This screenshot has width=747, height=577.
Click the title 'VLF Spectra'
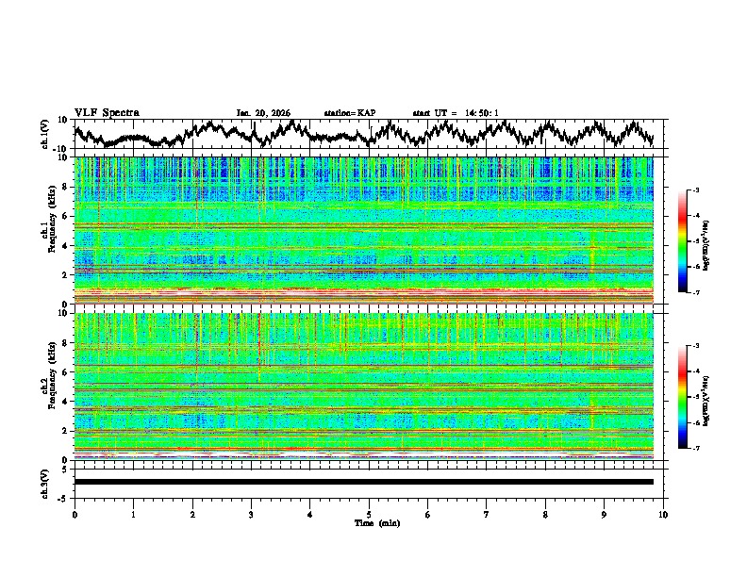click(x=107, y=112)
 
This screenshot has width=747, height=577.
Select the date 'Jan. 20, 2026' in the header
click(x=263, y=113)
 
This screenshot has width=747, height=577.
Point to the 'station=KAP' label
click(x=350, y=113)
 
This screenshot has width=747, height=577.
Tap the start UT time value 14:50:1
click(x=481, y=113)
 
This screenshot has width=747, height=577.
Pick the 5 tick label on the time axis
click(x=369, y=514)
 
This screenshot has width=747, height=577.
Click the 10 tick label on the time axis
click(x=664, y=514)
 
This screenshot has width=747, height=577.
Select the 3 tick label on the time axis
click(x=251, y=514)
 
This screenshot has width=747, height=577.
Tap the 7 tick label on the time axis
click(x=487, y=514)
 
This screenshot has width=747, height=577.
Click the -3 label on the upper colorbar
click(x=696, y=190)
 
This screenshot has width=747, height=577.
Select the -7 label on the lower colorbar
click(x=696, y=449)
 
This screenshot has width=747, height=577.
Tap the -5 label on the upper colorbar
click(x=696, y=241)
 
